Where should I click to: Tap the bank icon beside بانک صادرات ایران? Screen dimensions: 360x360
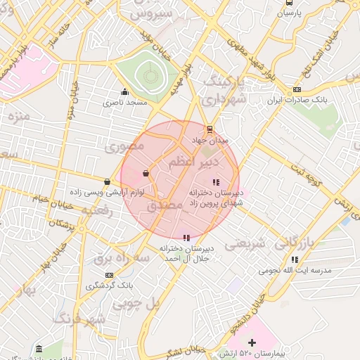click(297, 90)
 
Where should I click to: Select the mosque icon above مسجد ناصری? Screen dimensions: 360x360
click(125, 91)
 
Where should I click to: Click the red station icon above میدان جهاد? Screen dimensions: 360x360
click(209, 129)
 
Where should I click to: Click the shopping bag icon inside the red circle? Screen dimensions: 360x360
click(146, 172)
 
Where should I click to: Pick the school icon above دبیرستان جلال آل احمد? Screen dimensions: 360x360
click(186, 238)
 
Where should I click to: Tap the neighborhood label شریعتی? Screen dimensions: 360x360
click(245, 244)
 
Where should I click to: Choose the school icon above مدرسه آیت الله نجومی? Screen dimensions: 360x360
click(295, 259)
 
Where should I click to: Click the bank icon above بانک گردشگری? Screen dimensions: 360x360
click(109, 275)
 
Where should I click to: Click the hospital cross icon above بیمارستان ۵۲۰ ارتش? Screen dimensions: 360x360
click(252, 342)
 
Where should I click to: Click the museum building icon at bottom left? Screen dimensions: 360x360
click(38, 349)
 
